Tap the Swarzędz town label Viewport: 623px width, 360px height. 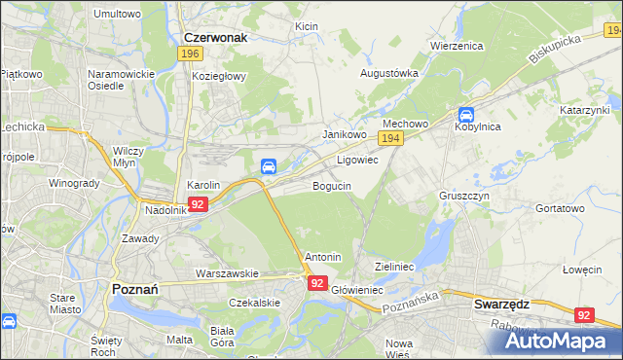click(501, 304)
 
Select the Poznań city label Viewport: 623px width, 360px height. click(142, 290)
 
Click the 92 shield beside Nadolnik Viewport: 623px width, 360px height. click(198, 204)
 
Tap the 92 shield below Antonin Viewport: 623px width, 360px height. click(317, 282)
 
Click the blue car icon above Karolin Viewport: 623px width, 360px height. click(268, 165)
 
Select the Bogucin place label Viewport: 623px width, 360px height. click(332, 185)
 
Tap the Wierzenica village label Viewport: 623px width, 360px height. click(458, 45)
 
